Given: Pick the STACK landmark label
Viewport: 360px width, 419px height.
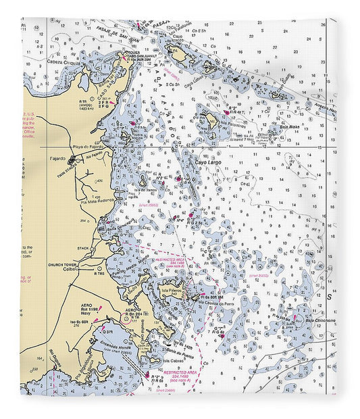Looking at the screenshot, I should tap(82, 248).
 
